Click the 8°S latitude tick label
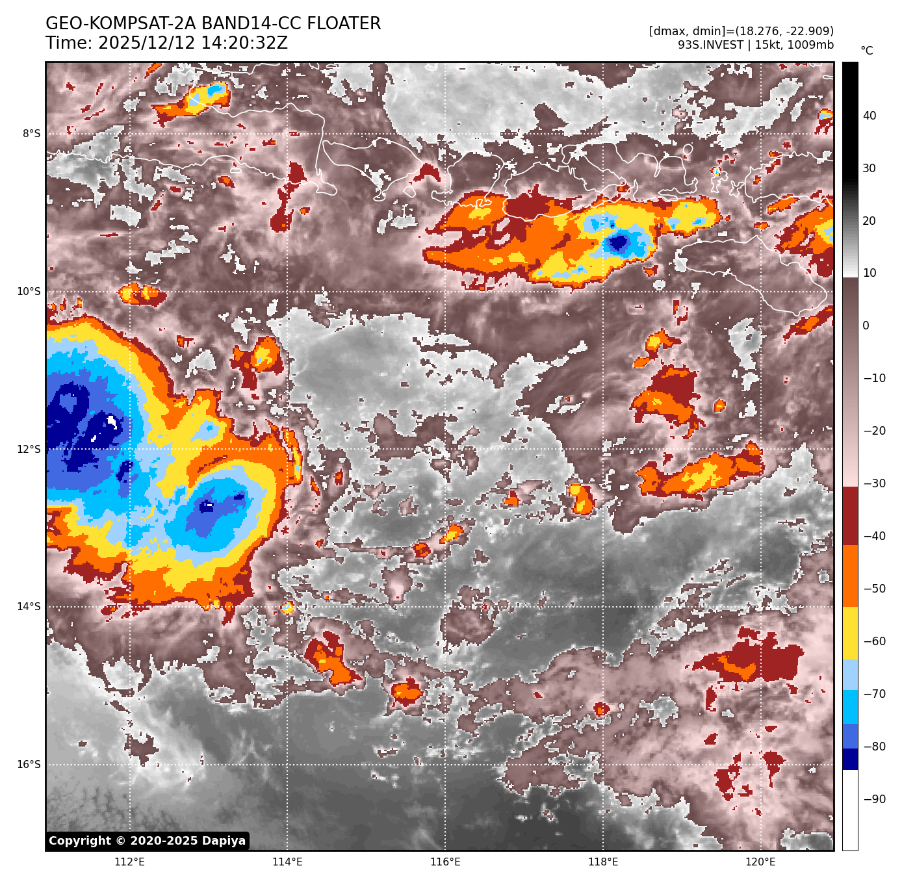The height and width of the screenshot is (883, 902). click(x=31, y=134)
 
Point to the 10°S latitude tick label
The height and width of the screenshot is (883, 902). click(x=29, y=292)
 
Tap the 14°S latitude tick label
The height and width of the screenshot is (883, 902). click(x=29, y=607)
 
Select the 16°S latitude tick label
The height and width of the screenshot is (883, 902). click(x=29, y=765)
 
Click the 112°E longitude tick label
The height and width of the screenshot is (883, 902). click(x=129, y=862)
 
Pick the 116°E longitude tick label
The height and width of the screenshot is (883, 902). click(x=445, y=862)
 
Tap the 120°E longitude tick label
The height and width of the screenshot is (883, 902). click(x=760, y=862)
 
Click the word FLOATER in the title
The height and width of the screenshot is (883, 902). click(x=344, y=24)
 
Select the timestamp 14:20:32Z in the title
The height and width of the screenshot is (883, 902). click(x=193, y=44)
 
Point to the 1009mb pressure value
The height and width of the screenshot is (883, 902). click(x=810, y=45)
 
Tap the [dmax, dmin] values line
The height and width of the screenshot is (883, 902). click(x=741, y=31)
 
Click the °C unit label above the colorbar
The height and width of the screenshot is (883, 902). click(x=867, y=51)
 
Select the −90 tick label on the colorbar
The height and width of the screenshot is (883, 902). click(x=874, y=799)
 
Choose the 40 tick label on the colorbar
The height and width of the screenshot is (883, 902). click(x=870, y=116)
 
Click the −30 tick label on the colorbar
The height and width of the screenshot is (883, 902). click(x=874, y=483)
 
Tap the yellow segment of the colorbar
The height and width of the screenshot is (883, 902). click(x=850, y=633)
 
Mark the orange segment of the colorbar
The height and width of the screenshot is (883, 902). click(x=850, y=576)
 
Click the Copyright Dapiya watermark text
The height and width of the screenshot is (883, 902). click(x=148, y=841)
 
